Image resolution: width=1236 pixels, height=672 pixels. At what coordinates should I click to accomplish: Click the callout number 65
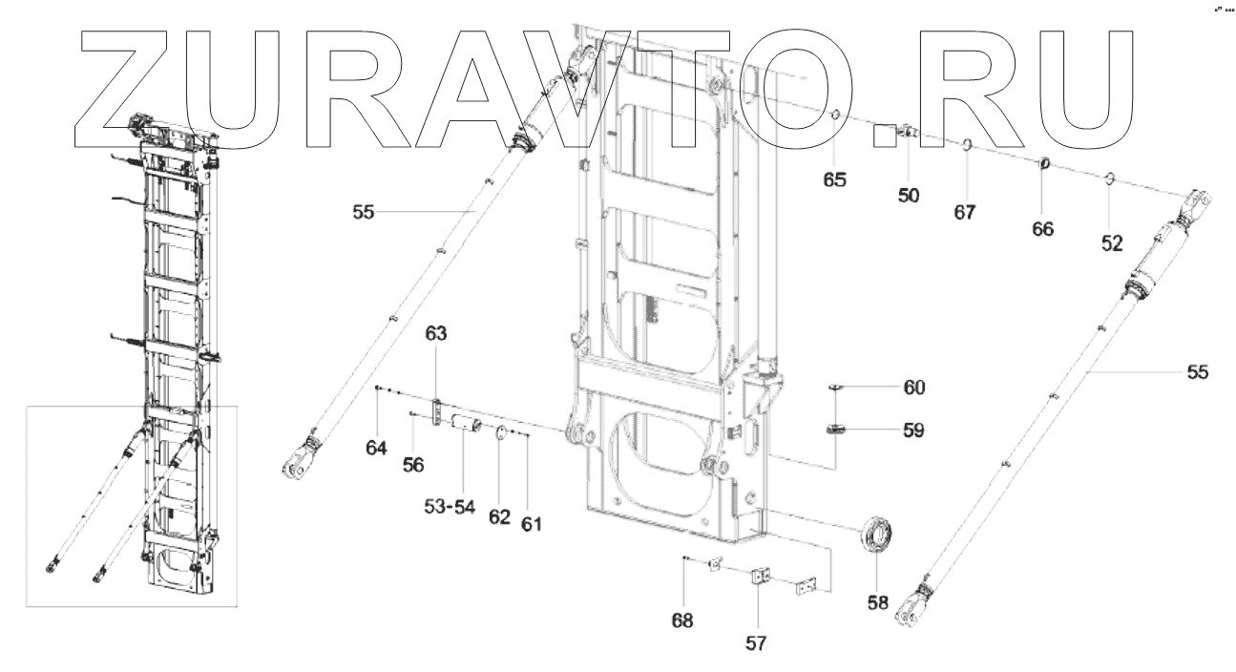pyautogui.click(x=835, y=178)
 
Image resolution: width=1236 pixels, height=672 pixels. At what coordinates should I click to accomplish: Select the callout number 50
pyautogui.click(x=908, y=196)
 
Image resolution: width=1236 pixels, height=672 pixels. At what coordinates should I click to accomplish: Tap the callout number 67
pyautogui.click(x=965, y=212)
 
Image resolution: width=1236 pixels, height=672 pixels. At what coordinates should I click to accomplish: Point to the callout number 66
pyautogui.click(x=1042, y=230)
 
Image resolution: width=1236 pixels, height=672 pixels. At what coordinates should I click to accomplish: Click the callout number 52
pyautogui.click(x=1112, y=243)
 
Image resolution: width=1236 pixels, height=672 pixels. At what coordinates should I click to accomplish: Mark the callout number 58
pyautogui.click(x=877, y=602)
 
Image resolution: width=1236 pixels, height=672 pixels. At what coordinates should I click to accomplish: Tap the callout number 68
pyautogui.click(x=681, y=620)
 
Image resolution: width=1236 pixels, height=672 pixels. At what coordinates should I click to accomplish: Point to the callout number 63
pyautogui.click(x=436, y=333)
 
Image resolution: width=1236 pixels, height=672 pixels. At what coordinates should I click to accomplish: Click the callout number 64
pyautogui.click(x=377, y=447)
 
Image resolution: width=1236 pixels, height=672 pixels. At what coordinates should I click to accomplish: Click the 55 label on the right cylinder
pyautogui.click(x=1196, y=372)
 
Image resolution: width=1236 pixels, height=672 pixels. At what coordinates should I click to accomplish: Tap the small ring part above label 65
pyautogui.click(x=833, y=118)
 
